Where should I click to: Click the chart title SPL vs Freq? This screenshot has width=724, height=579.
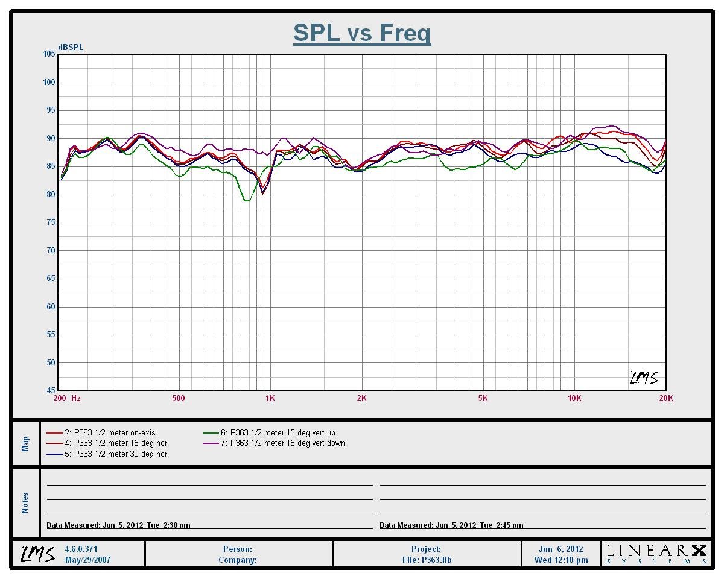point(362,33)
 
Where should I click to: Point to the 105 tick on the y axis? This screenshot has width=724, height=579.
point(49,54)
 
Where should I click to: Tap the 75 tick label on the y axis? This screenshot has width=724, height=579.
point(49,223)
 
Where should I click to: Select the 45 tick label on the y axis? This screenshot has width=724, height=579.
point(49,391)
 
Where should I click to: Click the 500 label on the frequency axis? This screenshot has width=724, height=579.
point(178,398)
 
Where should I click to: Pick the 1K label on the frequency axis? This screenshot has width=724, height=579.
point(270,398)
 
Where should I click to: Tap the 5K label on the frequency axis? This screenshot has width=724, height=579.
point(483,398)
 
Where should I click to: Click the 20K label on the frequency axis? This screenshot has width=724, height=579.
point(665,398)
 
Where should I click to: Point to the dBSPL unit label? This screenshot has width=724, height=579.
point(71,47)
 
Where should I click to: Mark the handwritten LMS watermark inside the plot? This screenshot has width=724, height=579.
point(644,378)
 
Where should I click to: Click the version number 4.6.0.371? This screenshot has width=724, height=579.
point(81,549)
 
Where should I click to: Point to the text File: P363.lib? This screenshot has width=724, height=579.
point(427,560)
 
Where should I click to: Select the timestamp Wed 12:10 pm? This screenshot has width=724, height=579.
point(561,560)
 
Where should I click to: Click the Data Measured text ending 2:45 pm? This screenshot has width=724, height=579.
point(451,525)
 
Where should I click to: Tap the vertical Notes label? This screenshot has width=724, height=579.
point(25,503)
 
